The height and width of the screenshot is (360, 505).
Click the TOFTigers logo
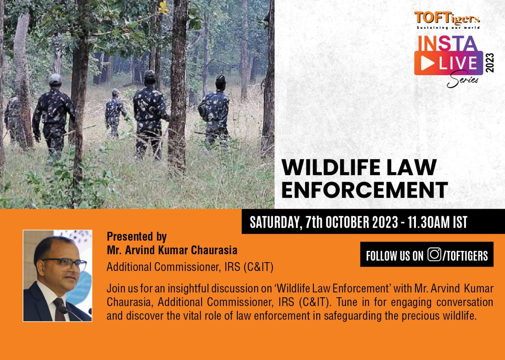point(447,20)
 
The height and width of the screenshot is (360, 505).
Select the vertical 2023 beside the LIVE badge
point(490,63)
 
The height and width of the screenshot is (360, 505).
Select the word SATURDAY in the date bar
point(275,222)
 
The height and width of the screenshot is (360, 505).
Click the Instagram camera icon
point(434,255)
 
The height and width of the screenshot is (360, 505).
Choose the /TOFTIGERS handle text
point(465,255)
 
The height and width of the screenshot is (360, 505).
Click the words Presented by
point(137,237)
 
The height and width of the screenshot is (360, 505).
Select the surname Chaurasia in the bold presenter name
point(214,250)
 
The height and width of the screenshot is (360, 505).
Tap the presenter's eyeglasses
point(65,264)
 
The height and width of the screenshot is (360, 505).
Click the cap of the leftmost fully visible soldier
point(55,79)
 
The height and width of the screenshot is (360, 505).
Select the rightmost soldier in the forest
point(214,111)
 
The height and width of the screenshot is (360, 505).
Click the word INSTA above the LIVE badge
point(448,43)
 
